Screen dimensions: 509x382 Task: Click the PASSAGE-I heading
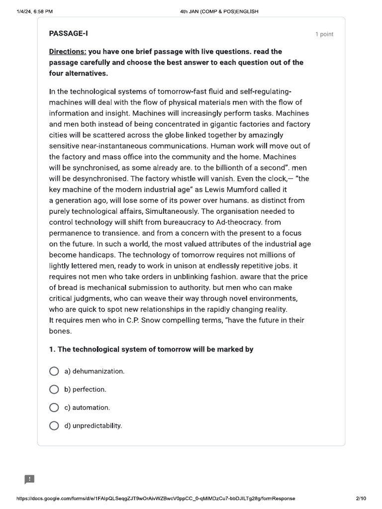click(x=69, y=33)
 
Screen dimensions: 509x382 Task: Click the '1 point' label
click(x=324, y=34)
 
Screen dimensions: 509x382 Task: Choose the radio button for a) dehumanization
click(x=54, y=371)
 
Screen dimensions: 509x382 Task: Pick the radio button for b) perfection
click(x=54, y=389)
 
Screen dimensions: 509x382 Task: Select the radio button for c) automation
click(x=54, y=408)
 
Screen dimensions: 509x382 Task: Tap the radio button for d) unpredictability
click(x=54, y=425)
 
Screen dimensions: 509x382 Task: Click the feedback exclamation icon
click(x=30, y=479)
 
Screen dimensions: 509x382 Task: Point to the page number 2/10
click(x=361, y=499)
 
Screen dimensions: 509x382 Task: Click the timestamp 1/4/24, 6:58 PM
click(x=34, y=11)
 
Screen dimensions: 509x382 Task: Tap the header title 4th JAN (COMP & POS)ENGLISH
click(x=219, y=11)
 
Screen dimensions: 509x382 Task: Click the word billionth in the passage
click(x=223, y=168)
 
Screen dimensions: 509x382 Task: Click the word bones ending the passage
click(x=60, y=331)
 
